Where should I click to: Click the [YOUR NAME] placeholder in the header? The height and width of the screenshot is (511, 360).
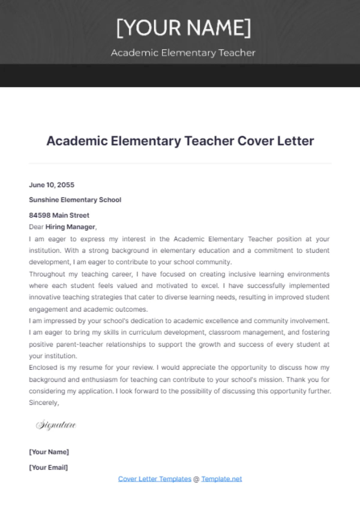click(183, 28)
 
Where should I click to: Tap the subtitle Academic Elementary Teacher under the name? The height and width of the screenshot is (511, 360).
click(183, 53)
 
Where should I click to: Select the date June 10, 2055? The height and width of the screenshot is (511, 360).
click(52, 185)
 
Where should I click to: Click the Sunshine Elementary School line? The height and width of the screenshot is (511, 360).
click(75, 200)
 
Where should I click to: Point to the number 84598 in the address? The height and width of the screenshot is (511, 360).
click(40, 215)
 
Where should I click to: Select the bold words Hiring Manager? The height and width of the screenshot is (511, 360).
click(70, 227)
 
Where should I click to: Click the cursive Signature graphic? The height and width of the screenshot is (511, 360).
click(56, 425)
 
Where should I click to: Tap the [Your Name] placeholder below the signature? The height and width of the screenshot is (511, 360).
click(49, 452)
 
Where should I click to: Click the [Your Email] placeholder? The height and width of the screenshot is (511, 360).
click(48, 467)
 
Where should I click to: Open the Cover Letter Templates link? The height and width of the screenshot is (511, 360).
click(154, 479)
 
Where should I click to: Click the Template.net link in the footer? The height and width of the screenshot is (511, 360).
click(221, 479)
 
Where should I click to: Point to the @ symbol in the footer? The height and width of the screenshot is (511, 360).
click(196, 479)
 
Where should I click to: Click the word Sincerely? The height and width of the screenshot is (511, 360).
click(43, 403)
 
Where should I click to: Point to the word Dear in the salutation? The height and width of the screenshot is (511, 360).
click(36, 227)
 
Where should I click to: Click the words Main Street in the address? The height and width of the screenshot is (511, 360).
click(71, 215)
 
